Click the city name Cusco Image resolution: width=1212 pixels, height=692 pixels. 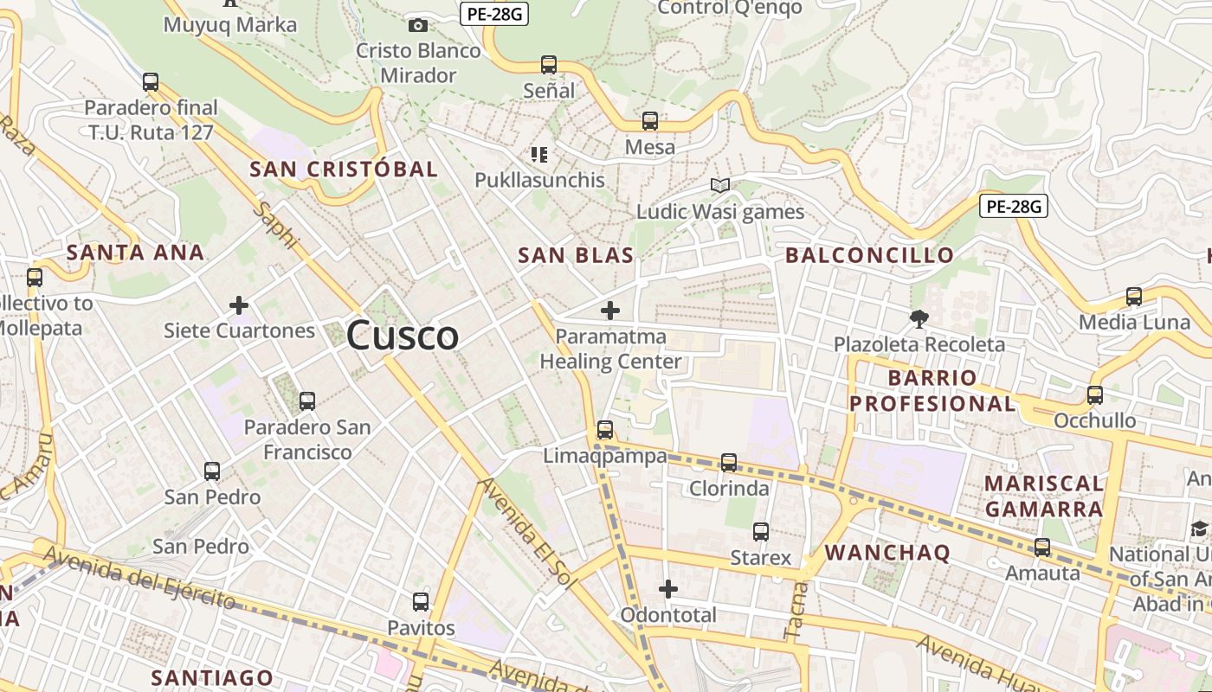403,336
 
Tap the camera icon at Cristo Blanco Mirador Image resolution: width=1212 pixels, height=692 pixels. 418,26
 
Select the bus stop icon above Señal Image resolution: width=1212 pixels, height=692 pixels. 549,65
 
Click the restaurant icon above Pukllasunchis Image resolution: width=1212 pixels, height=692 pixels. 539,155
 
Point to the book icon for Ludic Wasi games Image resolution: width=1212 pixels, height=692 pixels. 719,185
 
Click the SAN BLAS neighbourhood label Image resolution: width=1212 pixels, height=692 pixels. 576,255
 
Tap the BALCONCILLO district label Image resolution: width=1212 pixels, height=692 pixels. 869,255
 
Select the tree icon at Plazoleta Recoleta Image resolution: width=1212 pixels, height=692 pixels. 919,319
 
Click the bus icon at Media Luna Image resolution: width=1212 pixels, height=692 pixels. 1134,297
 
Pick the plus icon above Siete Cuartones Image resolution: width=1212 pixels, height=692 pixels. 239,305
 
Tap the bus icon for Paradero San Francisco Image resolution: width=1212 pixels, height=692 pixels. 307,401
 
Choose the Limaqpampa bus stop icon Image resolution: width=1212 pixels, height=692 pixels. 605,430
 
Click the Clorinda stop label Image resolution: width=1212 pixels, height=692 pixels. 729,489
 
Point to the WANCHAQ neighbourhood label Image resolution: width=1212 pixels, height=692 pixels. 887,553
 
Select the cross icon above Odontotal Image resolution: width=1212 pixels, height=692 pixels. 668,589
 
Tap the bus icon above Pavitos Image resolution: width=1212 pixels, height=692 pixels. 421,602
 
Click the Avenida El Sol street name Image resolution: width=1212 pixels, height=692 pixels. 527,533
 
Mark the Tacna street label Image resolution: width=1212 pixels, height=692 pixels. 796,610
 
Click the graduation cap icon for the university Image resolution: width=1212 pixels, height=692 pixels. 1200,529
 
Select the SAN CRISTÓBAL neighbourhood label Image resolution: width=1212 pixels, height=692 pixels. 344,170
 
